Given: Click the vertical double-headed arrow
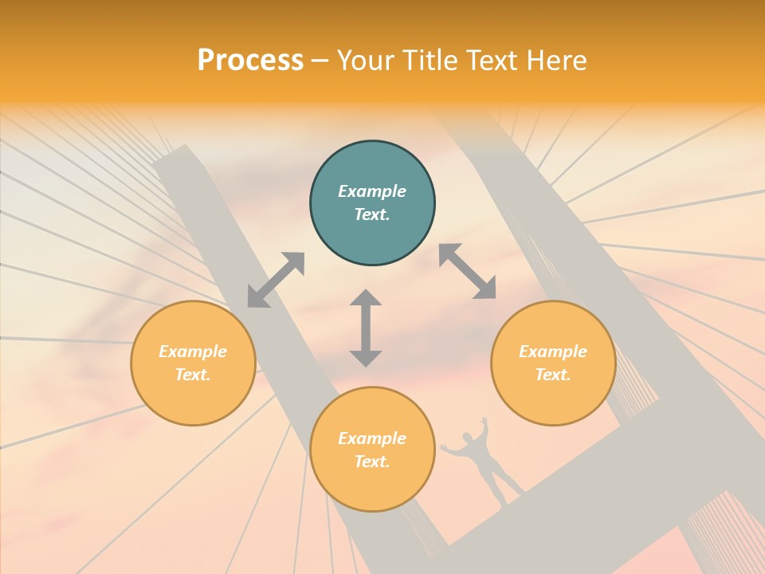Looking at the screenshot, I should (x=366, y=328).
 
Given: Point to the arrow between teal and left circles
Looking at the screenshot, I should (x=276, y=280).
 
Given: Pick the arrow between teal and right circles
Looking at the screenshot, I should (x=467, y=271).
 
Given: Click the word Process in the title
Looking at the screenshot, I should (x=250, y=60).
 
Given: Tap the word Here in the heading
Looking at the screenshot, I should (x=558, y=61).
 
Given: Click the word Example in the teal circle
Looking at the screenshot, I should (x=372, y=191).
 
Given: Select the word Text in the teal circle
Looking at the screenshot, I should (x=372, y=214).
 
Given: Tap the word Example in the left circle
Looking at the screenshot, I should (x=193, y=352).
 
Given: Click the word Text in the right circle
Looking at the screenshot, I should (x=553, y=375).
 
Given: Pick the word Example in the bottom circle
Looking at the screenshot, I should (x=372, y=438).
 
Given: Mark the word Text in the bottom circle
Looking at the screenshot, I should (x=372, y=462).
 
